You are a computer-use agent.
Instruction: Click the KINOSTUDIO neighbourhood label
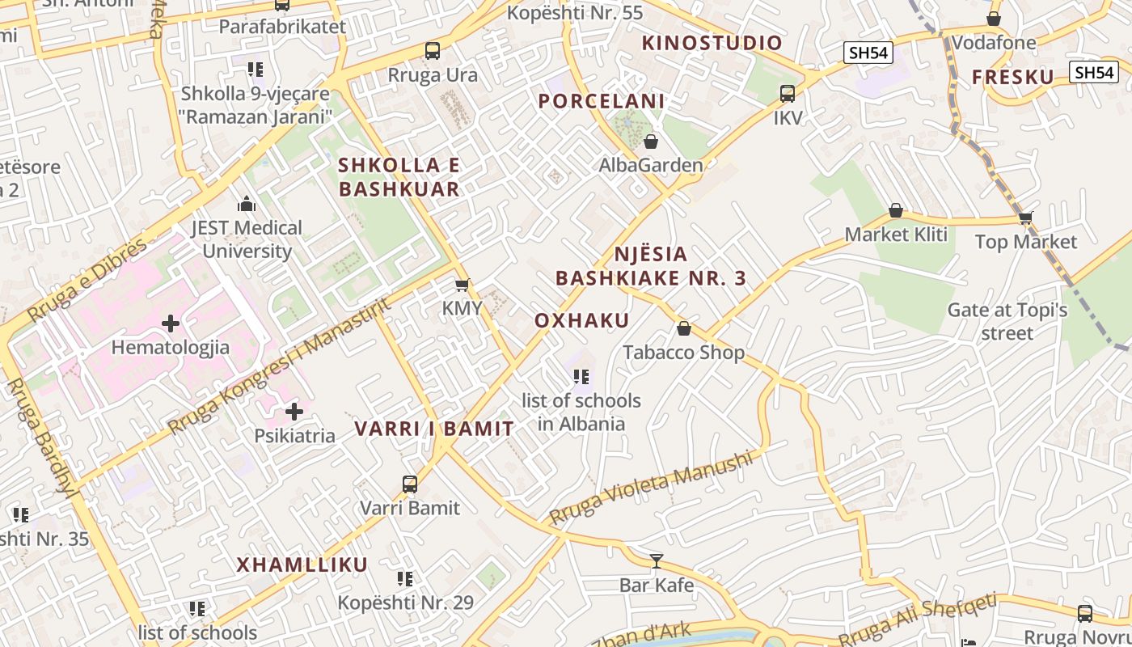point(712,43)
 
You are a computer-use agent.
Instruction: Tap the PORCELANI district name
point(602,101)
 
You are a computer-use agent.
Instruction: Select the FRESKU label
point(1013,77)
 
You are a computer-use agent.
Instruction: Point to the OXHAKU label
point(582,320)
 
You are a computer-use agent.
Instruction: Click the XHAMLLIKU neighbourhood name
point(302,565)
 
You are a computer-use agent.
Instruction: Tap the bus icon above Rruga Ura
point(433,51)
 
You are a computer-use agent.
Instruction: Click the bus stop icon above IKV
point(788,94)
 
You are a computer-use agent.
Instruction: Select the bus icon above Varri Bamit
point(410,484)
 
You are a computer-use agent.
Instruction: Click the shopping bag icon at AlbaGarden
point(651,142)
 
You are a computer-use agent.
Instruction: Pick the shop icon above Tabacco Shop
point(684,328)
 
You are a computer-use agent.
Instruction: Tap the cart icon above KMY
point(462,285)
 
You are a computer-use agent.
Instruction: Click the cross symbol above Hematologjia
point(171,324)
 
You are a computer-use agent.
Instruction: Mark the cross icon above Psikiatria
point(294,412)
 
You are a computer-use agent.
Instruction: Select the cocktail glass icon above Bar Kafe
point(657,560)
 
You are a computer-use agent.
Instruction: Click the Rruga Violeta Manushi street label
point(650,488)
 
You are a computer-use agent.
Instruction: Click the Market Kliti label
point(896,235)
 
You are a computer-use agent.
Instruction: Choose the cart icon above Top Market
point(1025,218)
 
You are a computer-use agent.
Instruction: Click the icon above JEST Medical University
point(247,205)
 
